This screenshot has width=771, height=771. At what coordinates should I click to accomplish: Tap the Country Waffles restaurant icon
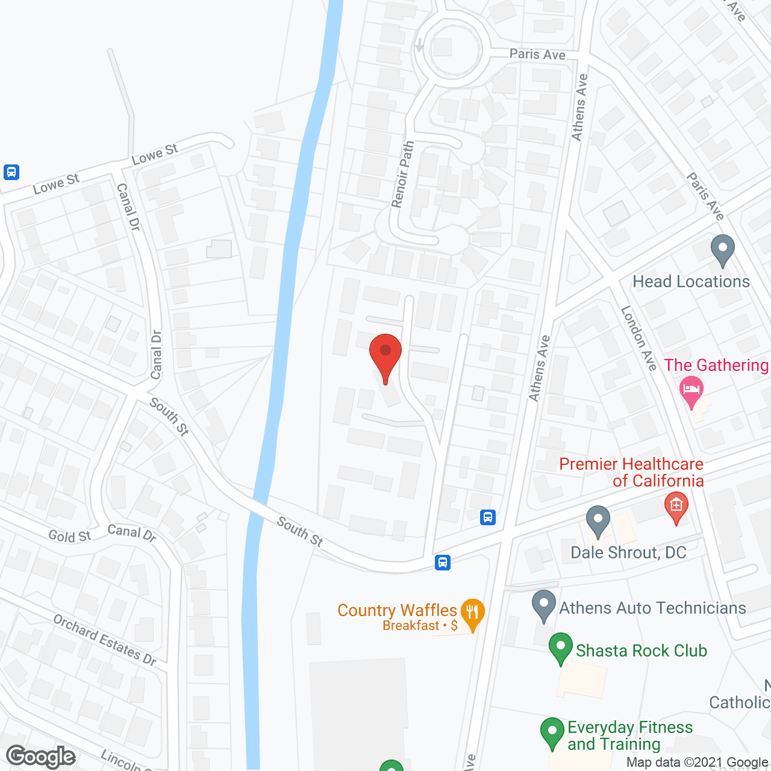coord(472,613)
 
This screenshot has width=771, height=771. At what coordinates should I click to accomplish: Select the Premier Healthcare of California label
coord(631,472)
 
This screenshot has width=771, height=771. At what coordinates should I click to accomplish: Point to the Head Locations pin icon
coord(722,249)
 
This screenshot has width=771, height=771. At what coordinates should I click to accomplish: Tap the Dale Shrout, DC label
coord(628,552)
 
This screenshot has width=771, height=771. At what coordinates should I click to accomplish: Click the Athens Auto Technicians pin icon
coord(544,605)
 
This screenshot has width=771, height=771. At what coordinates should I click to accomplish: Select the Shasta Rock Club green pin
coord(560,648)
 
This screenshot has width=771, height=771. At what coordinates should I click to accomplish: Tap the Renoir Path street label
coord(402,174)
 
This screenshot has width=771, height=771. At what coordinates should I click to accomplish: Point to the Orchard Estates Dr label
coord(105,639)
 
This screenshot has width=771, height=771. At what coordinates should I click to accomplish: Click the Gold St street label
coord(69,535)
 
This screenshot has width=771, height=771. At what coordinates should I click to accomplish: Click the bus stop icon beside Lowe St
coord(11,172)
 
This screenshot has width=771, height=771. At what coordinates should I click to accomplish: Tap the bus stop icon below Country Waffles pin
coord(443,563)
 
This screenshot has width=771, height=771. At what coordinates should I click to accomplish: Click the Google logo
coord(41,757)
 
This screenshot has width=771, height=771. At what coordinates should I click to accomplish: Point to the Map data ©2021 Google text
coord(697,763)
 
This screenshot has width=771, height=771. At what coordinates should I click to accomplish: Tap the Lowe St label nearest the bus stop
coord(56,183)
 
